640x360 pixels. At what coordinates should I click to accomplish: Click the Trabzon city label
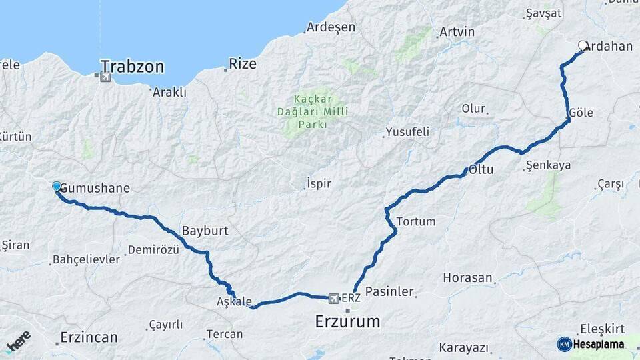coord(132,66)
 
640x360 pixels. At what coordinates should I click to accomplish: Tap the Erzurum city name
coord(347,322)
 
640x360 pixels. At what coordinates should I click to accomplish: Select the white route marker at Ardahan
coord(583,46)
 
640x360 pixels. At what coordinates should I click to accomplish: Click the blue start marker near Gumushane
coord(57,187)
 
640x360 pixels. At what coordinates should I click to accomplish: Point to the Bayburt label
coord(205,231)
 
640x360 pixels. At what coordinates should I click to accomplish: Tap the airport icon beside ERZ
coord(334,297)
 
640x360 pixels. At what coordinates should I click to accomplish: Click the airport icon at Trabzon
coord(105,78)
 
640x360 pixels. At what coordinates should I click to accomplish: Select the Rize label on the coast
coord(242,64)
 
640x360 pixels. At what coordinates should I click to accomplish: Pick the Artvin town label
coord(457,32)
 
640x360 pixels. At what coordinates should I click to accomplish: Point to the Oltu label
coord(481,169)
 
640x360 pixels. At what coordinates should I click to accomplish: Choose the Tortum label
coord(415,221)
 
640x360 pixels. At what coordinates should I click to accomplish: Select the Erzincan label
coord(89,337)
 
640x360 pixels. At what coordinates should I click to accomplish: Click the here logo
coord(18,341)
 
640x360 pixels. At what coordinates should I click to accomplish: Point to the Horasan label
coord(467,277)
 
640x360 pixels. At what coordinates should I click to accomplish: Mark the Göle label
coord(581,113)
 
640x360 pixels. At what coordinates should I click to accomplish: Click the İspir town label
coord(318,183)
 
